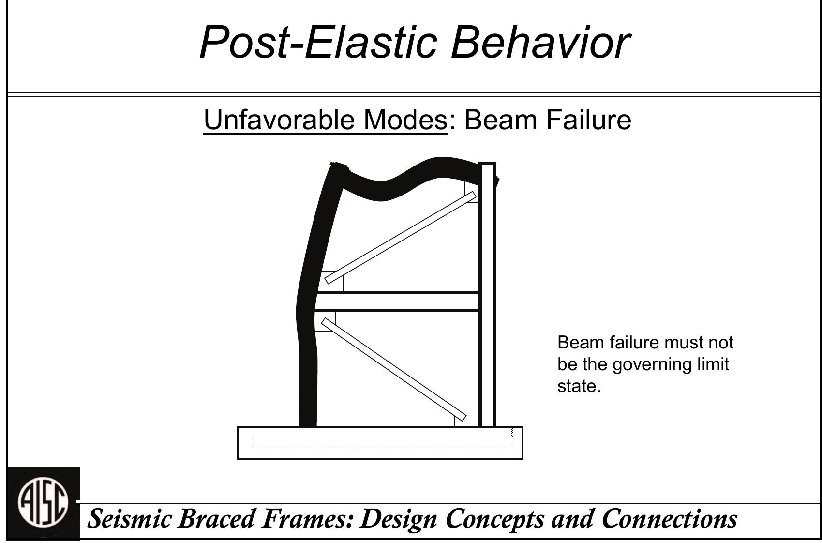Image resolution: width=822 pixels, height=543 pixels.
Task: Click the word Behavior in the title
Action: (540, 42)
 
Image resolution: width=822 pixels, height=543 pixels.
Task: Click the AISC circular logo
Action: (43, 503)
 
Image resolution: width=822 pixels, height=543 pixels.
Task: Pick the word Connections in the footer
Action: (669, 519)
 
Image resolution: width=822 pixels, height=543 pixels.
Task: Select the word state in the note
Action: (579, 386)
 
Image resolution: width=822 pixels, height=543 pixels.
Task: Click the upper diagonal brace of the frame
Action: (401, 237)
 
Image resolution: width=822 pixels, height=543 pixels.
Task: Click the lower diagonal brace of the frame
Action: (394, 369)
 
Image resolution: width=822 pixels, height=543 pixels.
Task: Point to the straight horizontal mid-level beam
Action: (397, 302)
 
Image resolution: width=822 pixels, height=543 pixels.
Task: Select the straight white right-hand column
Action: (487, 294)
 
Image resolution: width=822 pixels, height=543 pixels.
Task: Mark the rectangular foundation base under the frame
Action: (380, 443)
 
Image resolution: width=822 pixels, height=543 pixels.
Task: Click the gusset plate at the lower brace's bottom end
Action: (466, 417)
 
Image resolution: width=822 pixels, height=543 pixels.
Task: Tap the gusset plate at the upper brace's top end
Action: (472, 192)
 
